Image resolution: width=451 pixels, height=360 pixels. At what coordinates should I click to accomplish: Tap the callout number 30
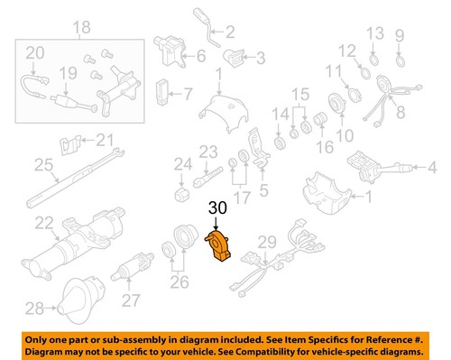(x=216, y=209)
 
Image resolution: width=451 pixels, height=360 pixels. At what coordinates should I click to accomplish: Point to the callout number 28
(x=34, y=309)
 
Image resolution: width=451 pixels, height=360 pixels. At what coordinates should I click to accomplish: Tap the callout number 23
(x=209, y=151)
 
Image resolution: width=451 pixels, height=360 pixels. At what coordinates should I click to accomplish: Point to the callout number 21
(x=106, y=139)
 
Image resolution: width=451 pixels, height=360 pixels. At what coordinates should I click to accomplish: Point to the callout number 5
(x=263, y=189)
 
